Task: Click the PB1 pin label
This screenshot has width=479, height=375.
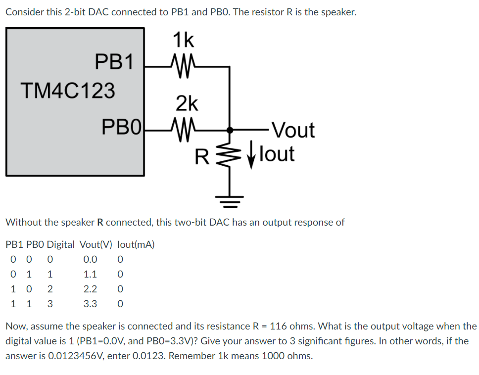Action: [114, 62]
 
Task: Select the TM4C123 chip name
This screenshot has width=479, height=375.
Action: [68, 91]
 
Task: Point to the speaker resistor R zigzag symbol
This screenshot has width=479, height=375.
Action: [229, 154]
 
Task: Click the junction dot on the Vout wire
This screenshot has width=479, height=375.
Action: [229, 130]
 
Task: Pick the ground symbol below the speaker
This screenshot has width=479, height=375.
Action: [229, 200]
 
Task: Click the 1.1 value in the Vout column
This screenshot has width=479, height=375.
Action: [90, 274]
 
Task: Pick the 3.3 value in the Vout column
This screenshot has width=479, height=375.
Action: [90, 304]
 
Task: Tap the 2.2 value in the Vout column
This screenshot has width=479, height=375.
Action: [90, 289]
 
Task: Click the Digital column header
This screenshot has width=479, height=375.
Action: [61, 244]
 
